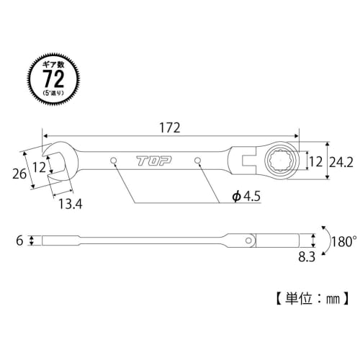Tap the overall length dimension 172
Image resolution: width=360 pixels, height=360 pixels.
point(170,125)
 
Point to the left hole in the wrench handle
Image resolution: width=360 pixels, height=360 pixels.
point(113,160)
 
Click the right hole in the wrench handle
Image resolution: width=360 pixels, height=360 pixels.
point(198,160)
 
